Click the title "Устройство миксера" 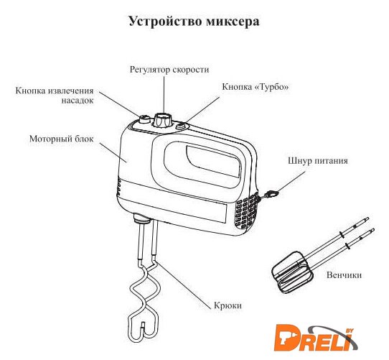click(194, 22)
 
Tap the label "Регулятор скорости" click(169, 70)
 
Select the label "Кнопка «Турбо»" click(256, 87)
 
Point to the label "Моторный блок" click(62, 139)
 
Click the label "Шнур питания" click(318, 160)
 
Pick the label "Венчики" click(344, 275)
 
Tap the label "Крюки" click(228, 305)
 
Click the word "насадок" click(78, 101)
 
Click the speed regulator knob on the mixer click(163, 119)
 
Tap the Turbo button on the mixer click(181, 126)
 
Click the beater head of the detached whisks click(291, 272)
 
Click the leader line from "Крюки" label click(184, 285)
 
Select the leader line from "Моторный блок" click(113, 152)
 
